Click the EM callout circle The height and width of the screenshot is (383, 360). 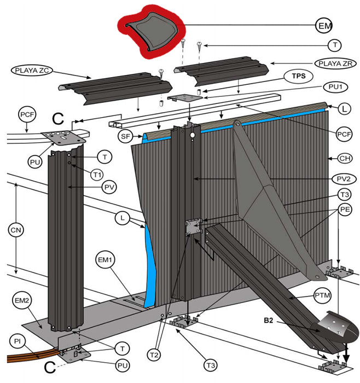[x=324, y=25]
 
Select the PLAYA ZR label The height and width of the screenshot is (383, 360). [x=335, y=63]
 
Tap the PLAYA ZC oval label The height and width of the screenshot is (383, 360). [x=32, y=71]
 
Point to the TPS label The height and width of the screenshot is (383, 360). [x=299, y=76]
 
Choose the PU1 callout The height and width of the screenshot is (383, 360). [x=335, y=87]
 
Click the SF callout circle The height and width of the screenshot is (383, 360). [x=125, y=136]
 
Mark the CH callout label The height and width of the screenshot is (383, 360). [x=345, y=158]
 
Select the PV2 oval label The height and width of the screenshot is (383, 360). [x=344, y=179]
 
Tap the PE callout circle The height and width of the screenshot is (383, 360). [x=345, y=210]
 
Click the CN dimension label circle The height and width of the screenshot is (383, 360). [x=16, y=230]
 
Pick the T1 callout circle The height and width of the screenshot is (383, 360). [x=97, y=175]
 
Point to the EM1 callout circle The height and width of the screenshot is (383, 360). [x=105, y=260]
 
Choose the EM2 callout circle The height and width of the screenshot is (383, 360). [x=22, y=300]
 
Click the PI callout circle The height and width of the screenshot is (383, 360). [x=18, y=341]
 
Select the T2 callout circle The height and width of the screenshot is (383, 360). [x=154, y=355]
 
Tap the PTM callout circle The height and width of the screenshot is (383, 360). [x=322, y=295]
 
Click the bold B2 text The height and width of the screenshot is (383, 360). [x=268, y=320]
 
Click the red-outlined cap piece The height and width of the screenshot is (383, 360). [x=152, y=32]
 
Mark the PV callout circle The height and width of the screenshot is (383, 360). [x=109, y=187]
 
